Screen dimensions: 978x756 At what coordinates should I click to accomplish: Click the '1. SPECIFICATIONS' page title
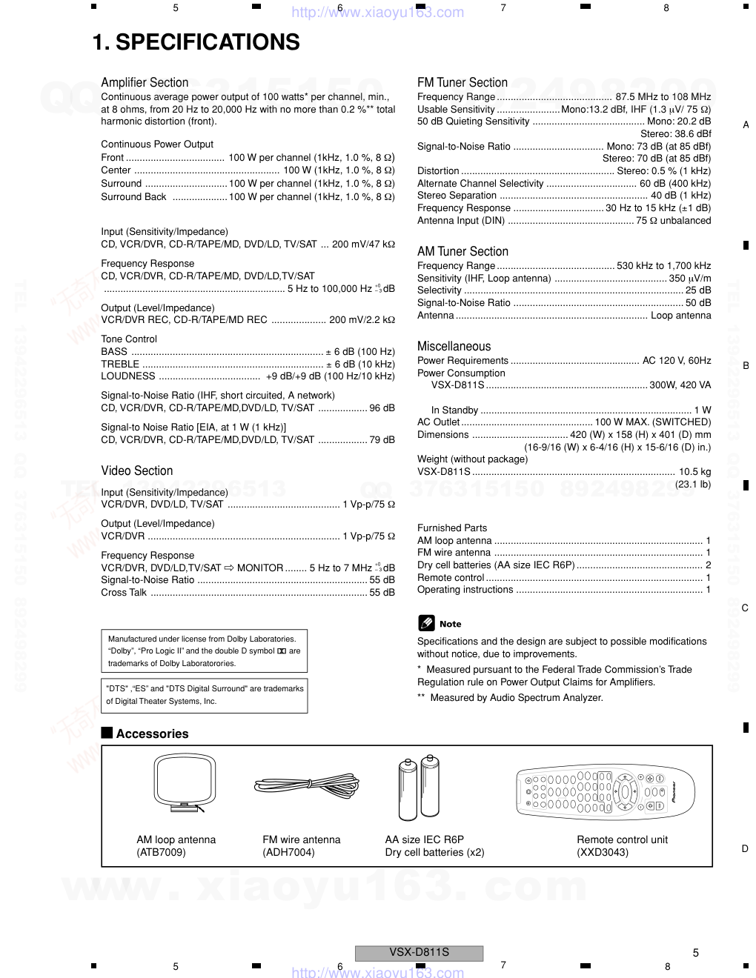click(x=196, y=43)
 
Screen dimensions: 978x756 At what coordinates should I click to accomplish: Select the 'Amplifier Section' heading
click(x=145, y=82)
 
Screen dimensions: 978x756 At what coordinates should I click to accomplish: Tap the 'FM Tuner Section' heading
click(x=462, y=82)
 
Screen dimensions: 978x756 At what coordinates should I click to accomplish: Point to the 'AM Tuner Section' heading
click(x=462, y=251)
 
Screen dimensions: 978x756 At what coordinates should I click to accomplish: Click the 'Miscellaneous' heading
click(x=454, y=346)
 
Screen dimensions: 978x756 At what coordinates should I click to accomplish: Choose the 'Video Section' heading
click(x=137, y=470)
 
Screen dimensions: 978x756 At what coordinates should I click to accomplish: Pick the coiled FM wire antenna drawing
click(x=306, y=785)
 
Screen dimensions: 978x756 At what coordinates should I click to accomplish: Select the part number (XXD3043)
click(x=603, y=852)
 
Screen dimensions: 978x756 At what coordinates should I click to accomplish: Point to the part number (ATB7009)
click(x=161, y=852)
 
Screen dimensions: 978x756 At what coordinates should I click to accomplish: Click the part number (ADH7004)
click(x=288, y=852)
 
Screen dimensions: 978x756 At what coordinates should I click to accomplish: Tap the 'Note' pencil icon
click(x=426, y=623)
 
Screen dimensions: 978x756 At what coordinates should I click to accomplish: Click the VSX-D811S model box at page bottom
click(x=420, y=953)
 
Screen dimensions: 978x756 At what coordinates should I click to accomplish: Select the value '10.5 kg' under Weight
click(x=694, y=471)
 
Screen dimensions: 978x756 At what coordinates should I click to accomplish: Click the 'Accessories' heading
click(x=152, y=733)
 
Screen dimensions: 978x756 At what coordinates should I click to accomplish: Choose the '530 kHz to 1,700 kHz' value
click(x=663, y=266)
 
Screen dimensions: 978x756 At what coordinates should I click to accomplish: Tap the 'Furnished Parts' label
click(x=452, y=528)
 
